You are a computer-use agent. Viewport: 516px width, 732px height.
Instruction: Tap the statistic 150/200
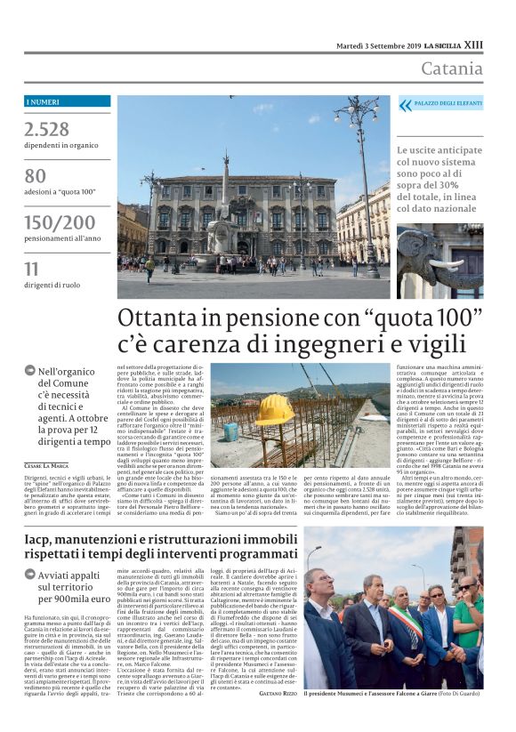click(x=59, y=221)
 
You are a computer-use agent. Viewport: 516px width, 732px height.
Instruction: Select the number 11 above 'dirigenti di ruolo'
click(x=32, y=268)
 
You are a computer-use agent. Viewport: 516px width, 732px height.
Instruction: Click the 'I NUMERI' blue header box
click(x=68, y=101)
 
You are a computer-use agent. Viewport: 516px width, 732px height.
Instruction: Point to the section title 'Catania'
click(x=451, y=68)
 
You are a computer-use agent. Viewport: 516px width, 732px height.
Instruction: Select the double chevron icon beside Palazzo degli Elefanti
click(x=406, y=105)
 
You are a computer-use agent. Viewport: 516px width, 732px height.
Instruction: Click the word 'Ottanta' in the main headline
click(x=170, y=318)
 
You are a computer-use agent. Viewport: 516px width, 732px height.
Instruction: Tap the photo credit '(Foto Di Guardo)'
click(x=455, y=693)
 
